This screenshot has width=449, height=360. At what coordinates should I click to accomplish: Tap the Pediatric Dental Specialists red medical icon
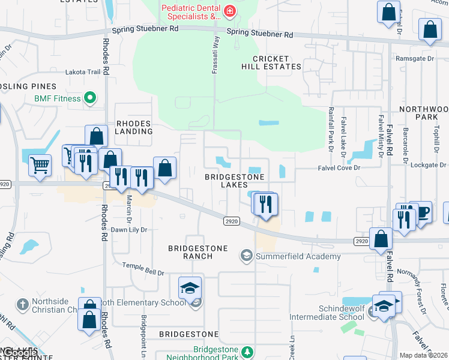tap(229, 11)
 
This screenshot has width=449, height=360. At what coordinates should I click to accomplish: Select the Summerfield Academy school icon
tap(246, 256)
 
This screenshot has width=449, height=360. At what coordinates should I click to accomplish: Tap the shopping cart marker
tap(40, 164)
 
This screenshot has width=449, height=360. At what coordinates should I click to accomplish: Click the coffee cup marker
tap(421, 212)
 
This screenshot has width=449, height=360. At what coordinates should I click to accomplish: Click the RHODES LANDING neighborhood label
tap(134, 128)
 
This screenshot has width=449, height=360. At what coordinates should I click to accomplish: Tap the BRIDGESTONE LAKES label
tap(235, 181)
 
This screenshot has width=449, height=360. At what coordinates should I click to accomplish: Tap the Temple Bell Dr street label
tap(143, 269)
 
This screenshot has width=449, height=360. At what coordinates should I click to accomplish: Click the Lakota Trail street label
tap(83, 72)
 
